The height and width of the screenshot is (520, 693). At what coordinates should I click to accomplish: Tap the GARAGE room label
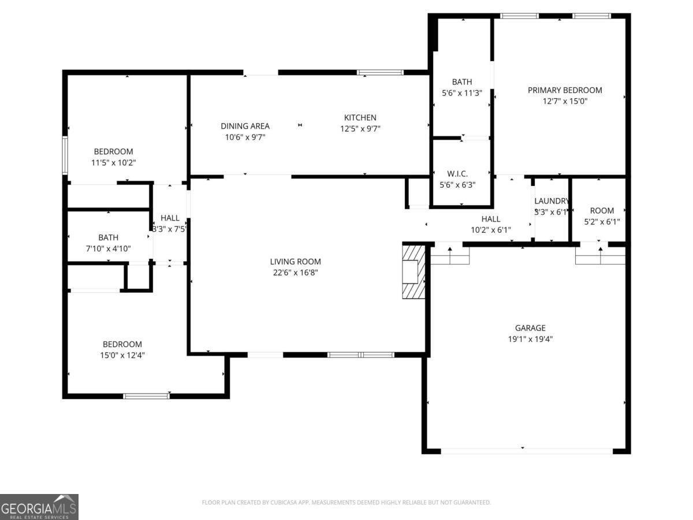coord(530,328)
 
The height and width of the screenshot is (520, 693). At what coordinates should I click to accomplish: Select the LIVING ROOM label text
coord(297,262)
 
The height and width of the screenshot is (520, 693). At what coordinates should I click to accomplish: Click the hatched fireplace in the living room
coord(413,271)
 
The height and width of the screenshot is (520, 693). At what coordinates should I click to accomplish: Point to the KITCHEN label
coord(360,118)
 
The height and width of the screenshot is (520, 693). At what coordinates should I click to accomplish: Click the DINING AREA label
coord(245,126)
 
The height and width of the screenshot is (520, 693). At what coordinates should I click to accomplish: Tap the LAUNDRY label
coord(552,201)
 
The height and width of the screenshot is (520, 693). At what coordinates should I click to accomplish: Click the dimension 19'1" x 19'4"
coord(530,339)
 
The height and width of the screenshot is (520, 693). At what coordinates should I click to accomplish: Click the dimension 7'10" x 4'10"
coord(108,248)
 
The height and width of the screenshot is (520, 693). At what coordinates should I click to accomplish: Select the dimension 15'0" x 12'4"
coord(122,355)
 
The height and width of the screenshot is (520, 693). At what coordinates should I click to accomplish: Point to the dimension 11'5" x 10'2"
coord(114,163)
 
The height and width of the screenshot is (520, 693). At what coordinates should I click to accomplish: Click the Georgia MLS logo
coord(39,507)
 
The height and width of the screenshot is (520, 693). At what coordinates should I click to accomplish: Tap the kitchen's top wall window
coord(379,73)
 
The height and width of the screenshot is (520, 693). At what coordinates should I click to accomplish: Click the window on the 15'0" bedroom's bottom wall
coord(147,396)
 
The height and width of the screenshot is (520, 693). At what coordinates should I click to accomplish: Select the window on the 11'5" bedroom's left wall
coord(65,155)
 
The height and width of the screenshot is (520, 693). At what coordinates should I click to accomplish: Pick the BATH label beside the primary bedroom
coord(461,82)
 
